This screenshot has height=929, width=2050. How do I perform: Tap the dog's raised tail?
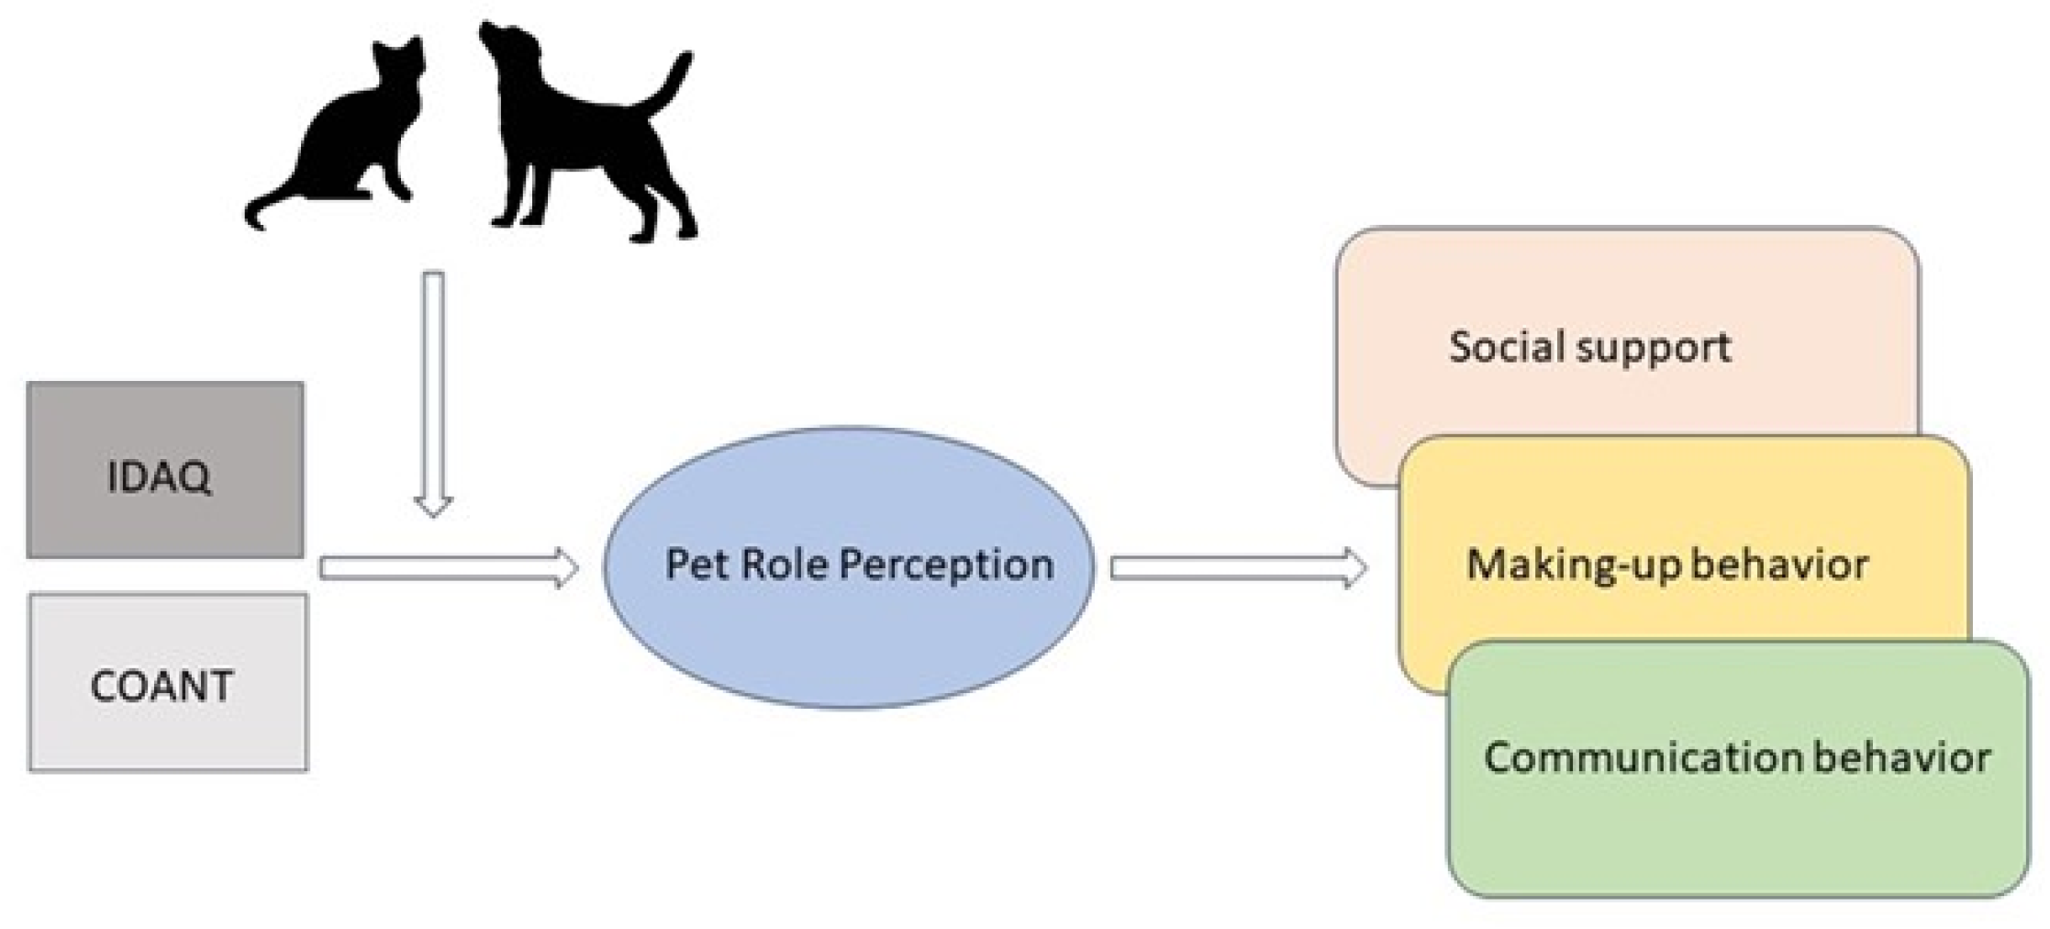point(670,83)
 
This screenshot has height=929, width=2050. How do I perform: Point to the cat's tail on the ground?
point(266,207)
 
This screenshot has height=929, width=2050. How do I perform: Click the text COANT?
point(162,687)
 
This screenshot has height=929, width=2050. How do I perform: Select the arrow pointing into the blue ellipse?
point(448,568)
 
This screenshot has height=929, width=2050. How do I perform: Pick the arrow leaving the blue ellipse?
point(1237,568)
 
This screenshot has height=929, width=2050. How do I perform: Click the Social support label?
point(1589,347)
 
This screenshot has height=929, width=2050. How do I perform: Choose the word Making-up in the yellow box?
point(1560,564)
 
